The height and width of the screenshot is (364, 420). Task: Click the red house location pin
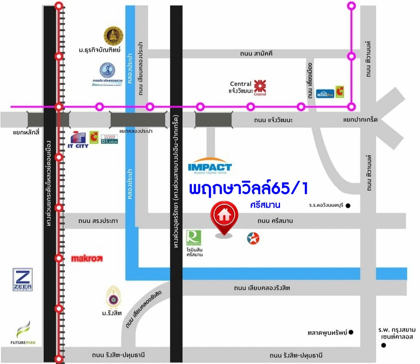pyautogui.click(x=224, y=217)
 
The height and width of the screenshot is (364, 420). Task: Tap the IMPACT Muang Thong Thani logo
pyautogui.click(x=210, y=168)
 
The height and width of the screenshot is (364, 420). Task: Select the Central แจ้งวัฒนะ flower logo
pyautogui.click(x=260, y=87)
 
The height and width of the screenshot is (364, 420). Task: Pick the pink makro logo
pyautogui.click(x=87, y=259)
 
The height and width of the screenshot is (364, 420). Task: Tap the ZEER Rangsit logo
pyautogui.click(x=22, y=280)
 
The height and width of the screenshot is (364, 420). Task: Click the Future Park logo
pyautogui.click(x=23, y=334)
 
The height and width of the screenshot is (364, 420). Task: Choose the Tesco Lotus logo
pyautogui.click(x=109, y=138)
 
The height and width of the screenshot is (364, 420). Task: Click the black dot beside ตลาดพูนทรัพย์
pyautogui.click(x=351, y=332)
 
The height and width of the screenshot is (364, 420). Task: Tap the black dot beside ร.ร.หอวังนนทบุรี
pyautogui.click(x=348, y=205)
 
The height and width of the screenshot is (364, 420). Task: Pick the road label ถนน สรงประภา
pyautogui.click(x=98, y=221)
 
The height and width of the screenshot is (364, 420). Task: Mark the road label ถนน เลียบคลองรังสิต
pyautogui.click(x=262, y=288)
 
